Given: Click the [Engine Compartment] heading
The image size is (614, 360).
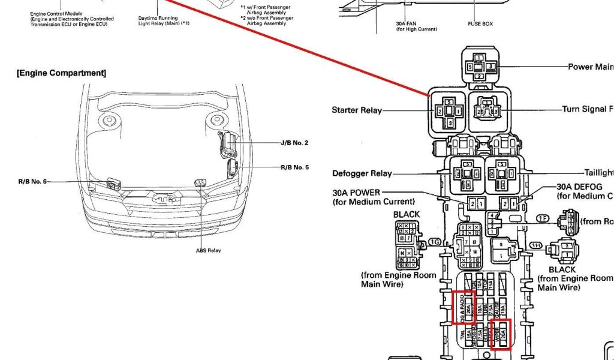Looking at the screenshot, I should [x=61, y=73].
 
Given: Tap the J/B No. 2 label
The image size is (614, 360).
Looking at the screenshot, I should [x=294, y=143].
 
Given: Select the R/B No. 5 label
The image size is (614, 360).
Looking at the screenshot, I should [x=294, y=167].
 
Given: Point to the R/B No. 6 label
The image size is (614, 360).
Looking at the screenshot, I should [x=32, y=181].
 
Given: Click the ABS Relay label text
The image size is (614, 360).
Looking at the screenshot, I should [x=208, y=250].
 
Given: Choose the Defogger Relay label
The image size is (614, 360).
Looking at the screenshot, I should [x=362, y=174].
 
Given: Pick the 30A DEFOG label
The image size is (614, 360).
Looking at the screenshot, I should [x=579, y=187].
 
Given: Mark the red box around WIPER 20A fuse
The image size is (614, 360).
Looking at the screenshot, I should [x=500, y=335].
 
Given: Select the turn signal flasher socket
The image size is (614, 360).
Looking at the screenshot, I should [x=487, y=111].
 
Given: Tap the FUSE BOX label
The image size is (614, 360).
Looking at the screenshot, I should [x=480, y=24].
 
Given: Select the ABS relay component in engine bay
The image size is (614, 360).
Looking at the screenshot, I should [x=201, y=181].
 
